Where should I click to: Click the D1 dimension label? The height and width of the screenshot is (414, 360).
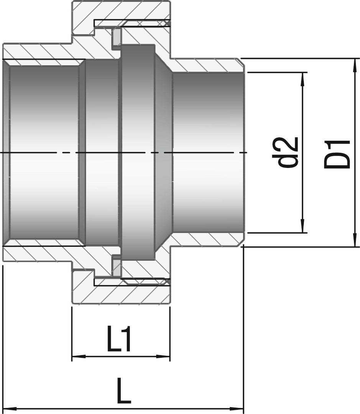[337, 154]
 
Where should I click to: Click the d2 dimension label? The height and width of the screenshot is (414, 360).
[285, 152]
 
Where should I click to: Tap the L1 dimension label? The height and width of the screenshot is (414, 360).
[119, 338]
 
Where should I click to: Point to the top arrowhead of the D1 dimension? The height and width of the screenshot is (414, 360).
[354, 65]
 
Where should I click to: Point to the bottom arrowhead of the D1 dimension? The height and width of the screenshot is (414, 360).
[354, 240]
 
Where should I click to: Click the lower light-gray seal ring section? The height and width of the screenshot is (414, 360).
[117, 268]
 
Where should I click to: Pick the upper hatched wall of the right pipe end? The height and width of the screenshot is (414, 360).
[206, 65]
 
